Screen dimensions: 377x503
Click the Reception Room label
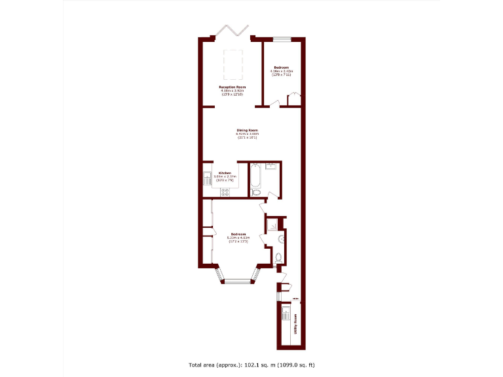[233, 87]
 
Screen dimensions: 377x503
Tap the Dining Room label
[247, 130]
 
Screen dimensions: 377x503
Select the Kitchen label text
[225, 173]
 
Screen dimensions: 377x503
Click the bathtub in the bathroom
[255, 176]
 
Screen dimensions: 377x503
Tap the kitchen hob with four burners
[226, 191]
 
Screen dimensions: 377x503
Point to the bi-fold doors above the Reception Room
[233, 31]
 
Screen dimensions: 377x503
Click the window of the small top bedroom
[282, 39]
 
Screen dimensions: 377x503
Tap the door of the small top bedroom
[275, 103]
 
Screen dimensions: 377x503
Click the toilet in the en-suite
[278, 257]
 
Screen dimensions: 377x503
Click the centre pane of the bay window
[237, 281]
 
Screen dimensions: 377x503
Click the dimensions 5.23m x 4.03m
[237, 238]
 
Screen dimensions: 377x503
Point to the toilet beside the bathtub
[256, 192]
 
